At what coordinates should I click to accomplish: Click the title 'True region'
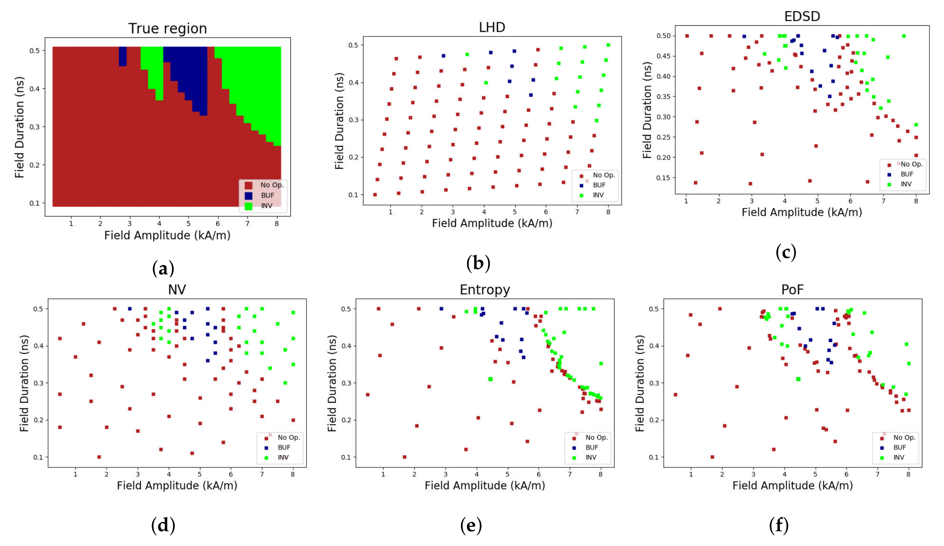[168, 29]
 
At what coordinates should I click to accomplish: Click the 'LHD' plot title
[492, 27]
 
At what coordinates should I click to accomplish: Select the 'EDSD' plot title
[802, 16]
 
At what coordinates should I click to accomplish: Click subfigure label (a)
[163, 269]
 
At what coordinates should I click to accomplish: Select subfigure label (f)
[779, 525]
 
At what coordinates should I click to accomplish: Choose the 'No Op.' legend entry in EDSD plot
[911, 164]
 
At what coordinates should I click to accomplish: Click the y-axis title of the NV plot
[24, 383]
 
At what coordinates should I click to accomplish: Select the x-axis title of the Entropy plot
[485, 486]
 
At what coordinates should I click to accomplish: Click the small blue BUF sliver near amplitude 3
[123, 56]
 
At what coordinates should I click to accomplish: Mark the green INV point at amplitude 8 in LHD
[608, 45]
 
